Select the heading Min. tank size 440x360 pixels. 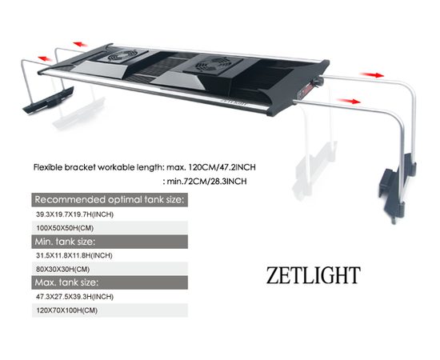click(66, 241)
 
